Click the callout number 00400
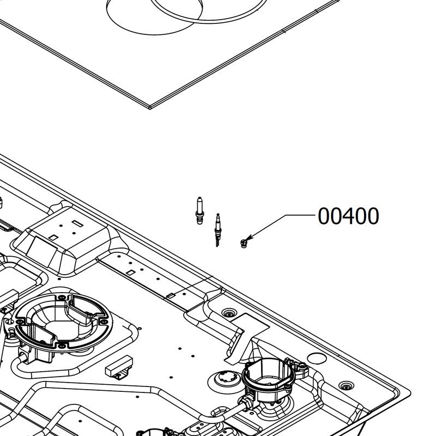click(348, 216)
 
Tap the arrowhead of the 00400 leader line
click(249, 238)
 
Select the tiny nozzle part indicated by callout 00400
click(244, 243)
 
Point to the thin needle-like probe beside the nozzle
click(217, 230)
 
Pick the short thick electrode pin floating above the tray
click(199, 210)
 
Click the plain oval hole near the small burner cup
click(317, 358)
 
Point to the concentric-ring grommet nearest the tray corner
click(346, 386)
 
